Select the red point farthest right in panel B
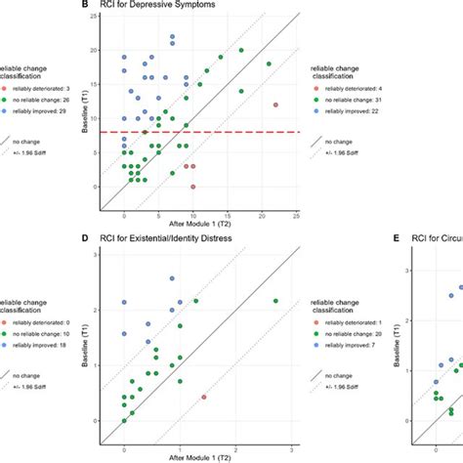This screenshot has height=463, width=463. coord(275,105)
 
